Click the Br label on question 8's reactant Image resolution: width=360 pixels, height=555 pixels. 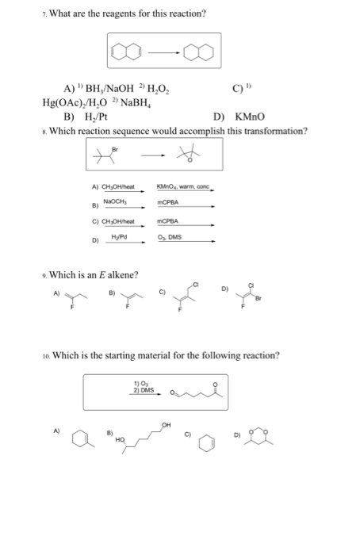pyautogui.click(x=115, y=147)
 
